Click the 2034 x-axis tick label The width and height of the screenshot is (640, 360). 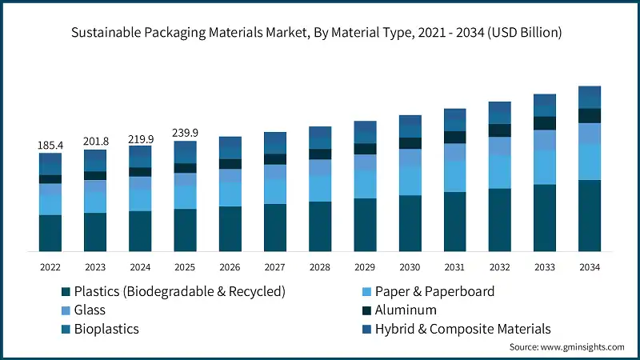590,266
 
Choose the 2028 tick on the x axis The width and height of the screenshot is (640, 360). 320,266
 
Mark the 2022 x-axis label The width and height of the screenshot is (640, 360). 50,266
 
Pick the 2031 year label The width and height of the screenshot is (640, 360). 454,266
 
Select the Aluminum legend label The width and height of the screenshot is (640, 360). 406,310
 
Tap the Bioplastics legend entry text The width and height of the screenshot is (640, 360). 106,329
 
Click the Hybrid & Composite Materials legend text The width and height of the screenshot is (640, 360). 464,329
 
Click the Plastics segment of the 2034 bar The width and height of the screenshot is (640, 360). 590,215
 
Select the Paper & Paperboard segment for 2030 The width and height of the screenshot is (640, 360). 410,181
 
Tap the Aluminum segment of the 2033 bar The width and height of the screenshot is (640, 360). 545,123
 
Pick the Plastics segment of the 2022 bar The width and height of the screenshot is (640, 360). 50,233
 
